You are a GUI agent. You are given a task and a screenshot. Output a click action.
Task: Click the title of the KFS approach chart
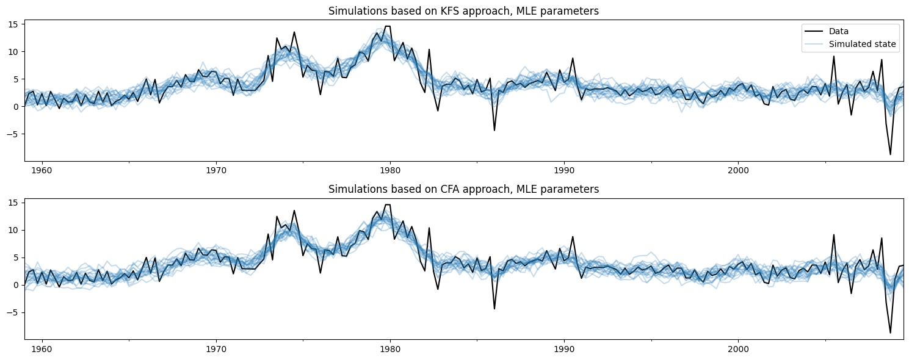tap(463, 11)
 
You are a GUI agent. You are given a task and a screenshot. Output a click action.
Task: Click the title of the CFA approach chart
tap(463, 189)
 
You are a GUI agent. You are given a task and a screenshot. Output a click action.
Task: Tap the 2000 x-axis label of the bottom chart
tap(738, 347)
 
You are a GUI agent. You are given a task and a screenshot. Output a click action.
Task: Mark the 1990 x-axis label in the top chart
tap(564, 169)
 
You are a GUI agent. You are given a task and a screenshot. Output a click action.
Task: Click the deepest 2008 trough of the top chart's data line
tap(890, 154)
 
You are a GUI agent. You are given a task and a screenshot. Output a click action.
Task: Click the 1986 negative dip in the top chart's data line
tap(494, 130)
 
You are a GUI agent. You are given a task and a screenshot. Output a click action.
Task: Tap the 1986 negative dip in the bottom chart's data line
tap(494, 309)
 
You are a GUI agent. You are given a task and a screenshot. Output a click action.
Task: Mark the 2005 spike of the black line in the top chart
tap(834, 56)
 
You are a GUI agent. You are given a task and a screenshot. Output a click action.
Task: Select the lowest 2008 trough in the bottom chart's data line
tap(890, 333)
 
